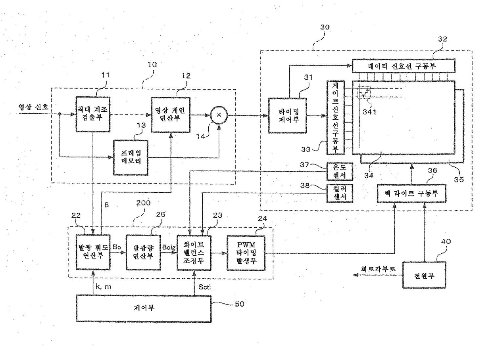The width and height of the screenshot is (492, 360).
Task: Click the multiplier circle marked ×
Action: pyautogui.click(x=219, y=115)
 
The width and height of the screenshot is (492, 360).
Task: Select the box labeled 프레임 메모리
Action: pyautogui.click(x=131, y=158)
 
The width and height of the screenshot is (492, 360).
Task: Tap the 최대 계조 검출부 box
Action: pyautogui.click(x=93, y=114)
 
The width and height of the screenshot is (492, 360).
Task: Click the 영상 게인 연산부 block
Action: pyautogui.click(x=171, y=115)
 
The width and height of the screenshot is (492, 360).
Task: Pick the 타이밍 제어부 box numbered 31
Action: pyautogui.click(x=288, y=115)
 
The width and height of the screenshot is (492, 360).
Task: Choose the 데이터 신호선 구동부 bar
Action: pyautogui.click(x=404, y=66)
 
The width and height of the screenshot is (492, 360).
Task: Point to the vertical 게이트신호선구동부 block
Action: pyautogui.click(x=336, y=117)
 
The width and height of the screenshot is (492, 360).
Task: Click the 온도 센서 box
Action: pyautogui.click(x=340, y=171)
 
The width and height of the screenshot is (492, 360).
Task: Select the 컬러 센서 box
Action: pyautogui.click(x=340, y=193)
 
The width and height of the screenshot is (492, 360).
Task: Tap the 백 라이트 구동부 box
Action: pyautogui.click(x=411, y=193)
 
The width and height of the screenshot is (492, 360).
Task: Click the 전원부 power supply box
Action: pyautogui.click(x=424, y=275)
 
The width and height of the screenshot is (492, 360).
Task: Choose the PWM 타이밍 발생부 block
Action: pyautogui.click(x=246, y=253)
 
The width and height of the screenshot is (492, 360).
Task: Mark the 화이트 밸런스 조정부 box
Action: pyautogui.click(x=194, y=253)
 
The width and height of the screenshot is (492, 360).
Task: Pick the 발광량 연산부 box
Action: pyautogui.click(x=143, y=253)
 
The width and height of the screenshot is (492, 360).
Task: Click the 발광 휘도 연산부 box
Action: pyautogui.click(x=93, y=252)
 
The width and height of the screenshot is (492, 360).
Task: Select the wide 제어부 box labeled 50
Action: pyautogui.click(x=144, y=308)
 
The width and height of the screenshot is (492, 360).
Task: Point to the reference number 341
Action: pyautogui.click(x=369, y=112)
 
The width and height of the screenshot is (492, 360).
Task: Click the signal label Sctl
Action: pyautogui.click(x=204, y=287)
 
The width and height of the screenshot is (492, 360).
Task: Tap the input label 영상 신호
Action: pyautogui.click(x=33, y=107)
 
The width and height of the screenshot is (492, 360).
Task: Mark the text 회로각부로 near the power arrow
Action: pyautogui.click(x=379, y=269)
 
